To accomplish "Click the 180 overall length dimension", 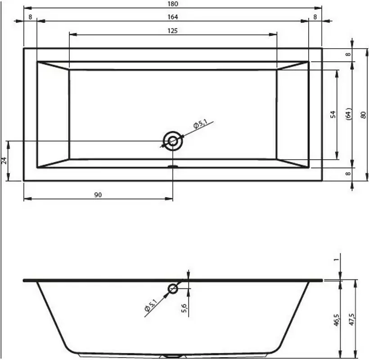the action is tap(173, 4).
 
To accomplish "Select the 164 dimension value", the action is tap(173, 17).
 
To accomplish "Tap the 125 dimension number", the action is tap(173, 31).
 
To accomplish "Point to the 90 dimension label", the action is tap(98, 195).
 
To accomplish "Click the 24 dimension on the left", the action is tap(4, 161).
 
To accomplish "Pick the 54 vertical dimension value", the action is tap(333, 115).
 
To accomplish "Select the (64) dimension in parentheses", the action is tap(349, 115).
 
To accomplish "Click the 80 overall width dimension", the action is tap(363, 115).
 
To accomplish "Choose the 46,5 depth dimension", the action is tap(337, 320).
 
